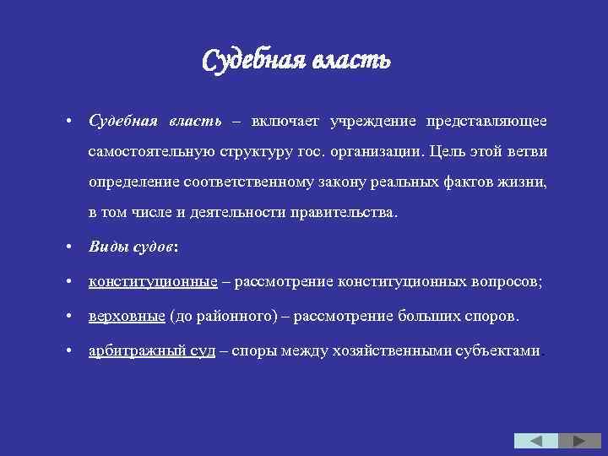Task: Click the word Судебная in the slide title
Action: pos(254,62)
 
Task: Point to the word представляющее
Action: pos(486,122)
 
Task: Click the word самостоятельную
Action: pos(151,152)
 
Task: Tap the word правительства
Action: pos(342,212)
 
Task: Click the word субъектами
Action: pos(499,351)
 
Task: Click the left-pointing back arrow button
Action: pos(536,441)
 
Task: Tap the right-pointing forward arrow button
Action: pos(579,441)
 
